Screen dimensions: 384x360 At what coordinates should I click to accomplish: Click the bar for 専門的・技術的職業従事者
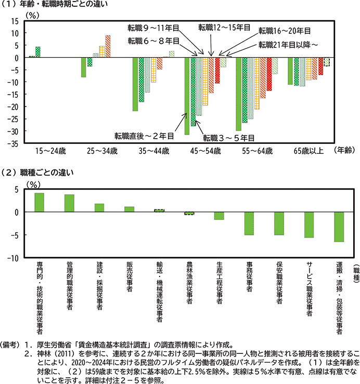click(x=39, y=203)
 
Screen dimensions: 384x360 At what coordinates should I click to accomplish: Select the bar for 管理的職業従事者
click(x=69, y=203)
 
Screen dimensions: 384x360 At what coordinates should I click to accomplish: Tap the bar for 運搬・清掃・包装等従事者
click(x=339, y=227)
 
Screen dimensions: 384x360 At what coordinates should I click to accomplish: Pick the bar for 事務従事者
click(x=249, y=223)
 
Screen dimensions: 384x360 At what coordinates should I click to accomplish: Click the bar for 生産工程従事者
click(x=219, y=216)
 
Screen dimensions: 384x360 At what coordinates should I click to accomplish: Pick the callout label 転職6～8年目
click(x=153, y=41)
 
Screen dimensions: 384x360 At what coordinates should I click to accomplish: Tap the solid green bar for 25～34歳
click(x=83, y=68)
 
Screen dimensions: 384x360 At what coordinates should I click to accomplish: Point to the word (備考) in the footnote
click(x=11, y=346)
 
